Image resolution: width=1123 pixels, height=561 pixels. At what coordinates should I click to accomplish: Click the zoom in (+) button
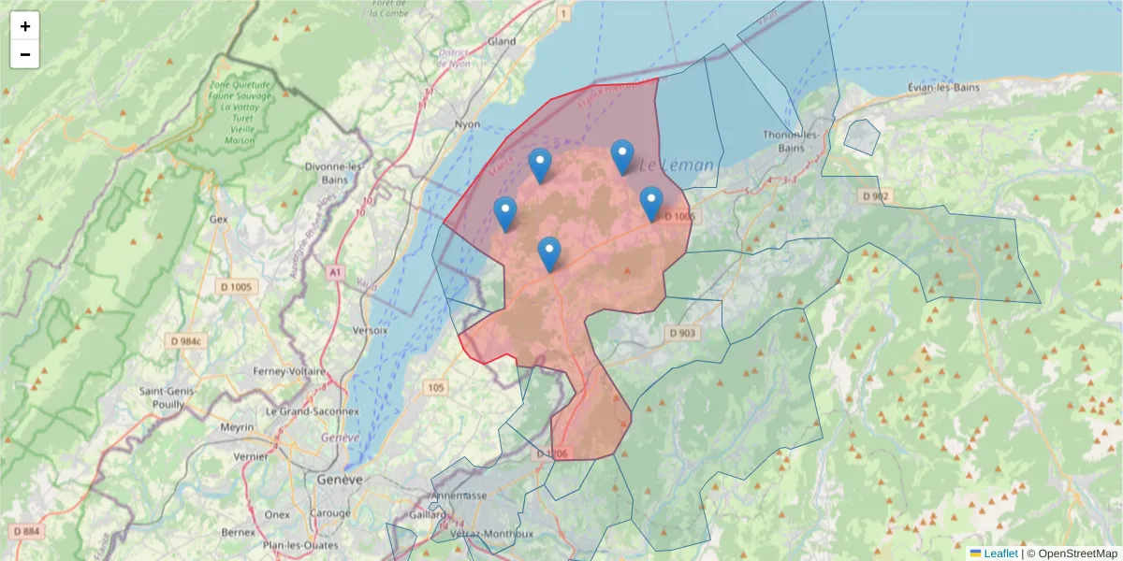(25, 26)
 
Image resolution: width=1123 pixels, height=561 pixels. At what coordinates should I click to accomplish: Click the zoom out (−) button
(25, 54)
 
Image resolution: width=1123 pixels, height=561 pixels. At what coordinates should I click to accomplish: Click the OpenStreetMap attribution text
(1078, 554)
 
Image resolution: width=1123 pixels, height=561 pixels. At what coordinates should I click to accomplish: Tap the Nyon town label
(466, 124)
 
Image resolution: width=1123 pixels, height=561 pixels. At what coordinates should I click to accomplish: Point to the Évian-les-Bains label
(948, 87)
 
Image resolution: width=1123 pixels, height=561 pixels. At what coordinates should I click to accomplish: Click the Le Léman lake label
(677, 165)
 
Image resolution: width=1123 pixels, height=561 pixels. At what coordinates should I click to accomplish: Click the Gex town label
(219, 219)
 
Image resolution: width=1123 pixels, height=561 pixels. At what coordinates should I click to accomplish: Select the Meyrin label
(237, 427)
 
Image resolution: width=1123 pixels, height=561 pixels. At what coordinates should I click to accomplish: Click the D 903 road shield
(683, 333)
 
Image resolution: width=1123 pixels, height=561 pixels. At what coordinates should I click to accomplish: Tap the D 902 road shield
(876, 195)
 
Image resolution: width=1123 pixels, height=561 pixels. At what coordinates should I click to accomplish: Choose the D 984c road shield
(185, 341)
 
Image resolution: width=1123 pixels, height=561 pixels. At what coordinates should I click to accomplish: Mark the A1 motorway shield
(335, 271)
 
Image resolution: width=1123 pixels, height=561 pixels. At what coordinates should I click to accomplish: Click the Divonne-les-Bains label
(334, 173)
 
